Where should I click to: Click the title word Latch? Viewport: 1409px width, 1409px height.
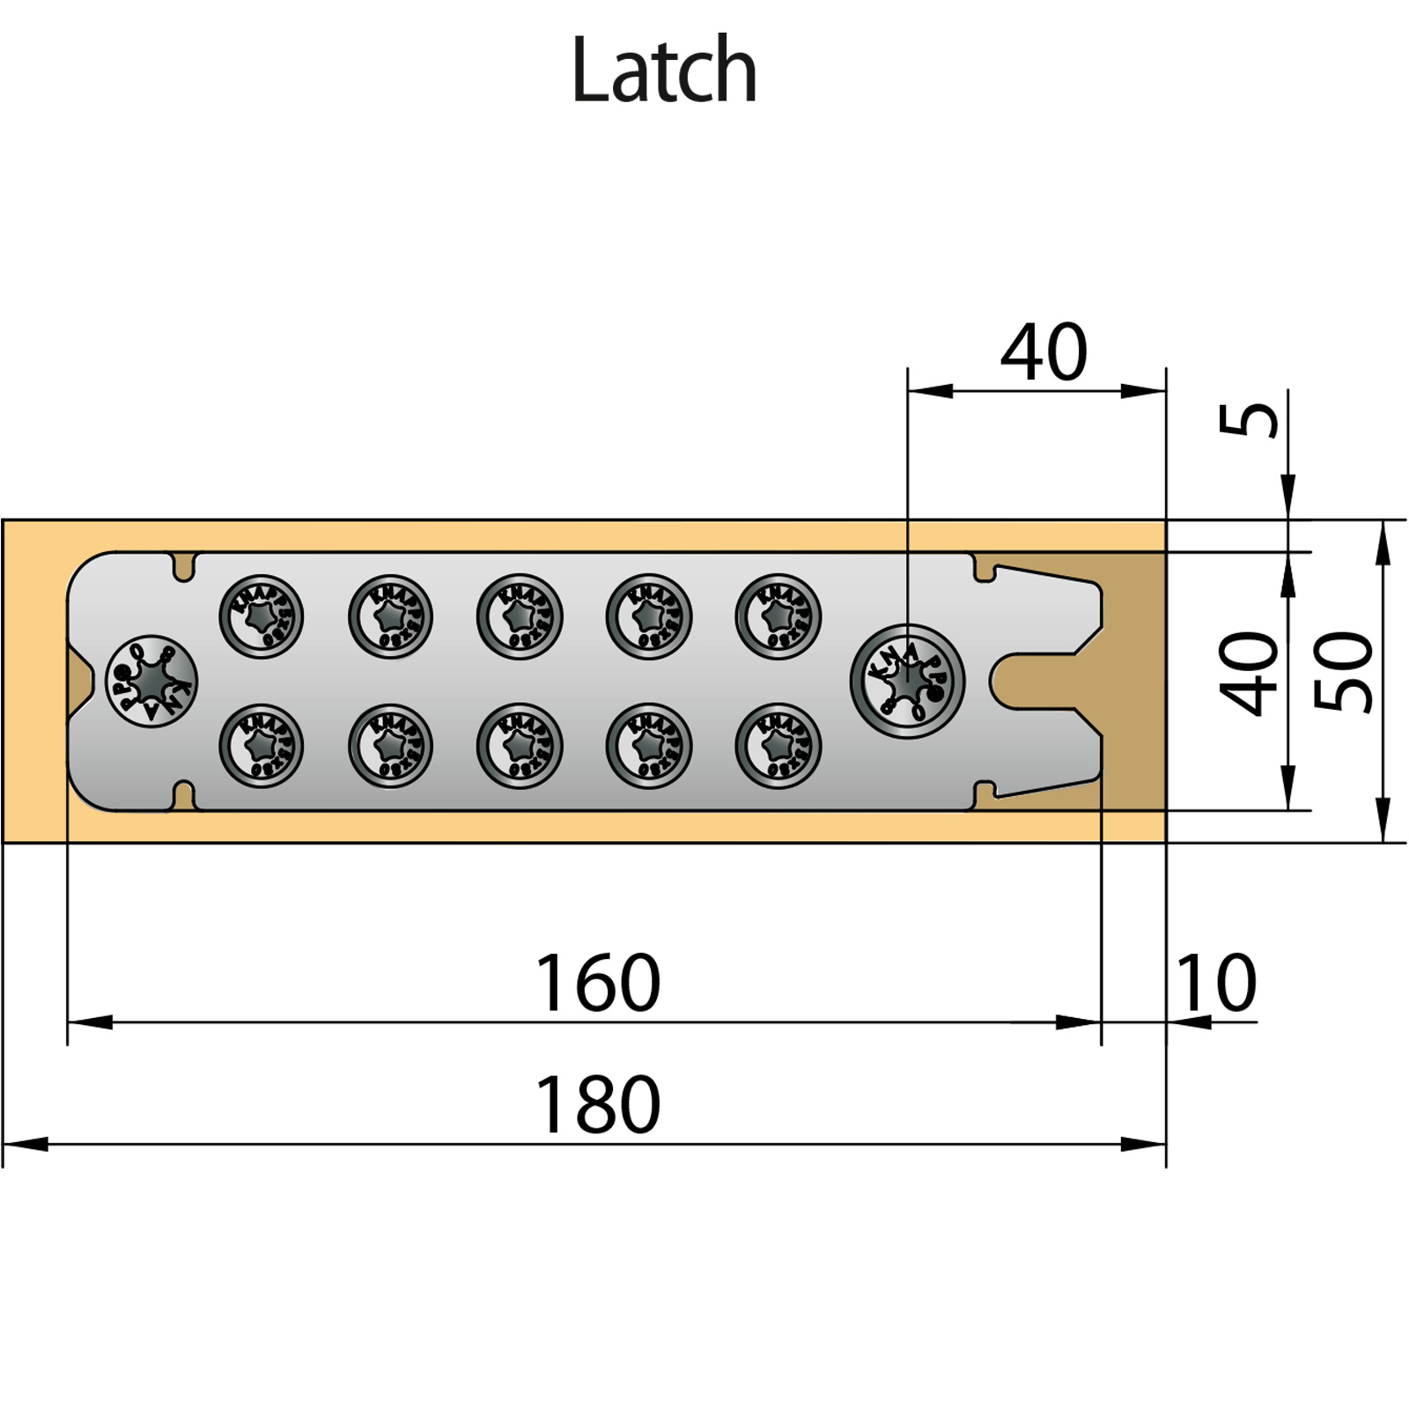664,70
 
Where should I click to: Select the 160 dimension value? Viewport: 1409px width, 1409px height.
597,983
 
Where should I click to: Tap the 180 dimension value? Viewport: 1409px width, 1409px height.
597,1104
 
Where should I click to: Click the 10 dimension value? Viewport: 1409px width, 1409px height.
1216,983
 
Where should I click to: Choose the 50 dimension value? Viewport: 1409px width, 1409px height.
1344,672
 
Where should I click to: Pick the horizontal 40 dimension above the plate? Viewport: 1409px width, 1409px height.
1044,352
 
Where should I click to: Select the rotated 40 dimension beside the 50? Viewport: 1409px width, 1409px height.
1249,674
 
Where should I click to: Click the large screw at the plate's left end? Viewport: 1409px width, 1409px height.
151,681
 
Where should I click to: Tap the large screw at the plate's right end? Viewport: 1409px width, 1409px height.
907,681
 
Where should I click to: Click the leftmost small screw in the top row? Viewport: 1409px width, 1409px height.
261,616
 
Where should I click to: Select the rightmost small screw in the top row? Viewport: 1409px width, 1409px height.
778,616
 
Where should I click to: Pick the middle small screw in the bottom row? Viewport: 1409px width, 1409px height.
520,746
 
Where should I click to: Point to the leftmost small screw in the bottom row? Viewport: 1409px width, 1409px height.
261,746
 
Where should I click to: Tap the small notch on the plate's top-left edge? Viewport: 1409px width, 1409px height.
184,567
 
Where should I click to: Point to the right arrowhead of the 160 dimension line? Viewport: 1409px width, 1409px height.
1080,1022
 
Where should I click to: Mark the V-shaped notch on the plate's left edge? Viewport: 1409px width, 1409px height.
79,681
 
